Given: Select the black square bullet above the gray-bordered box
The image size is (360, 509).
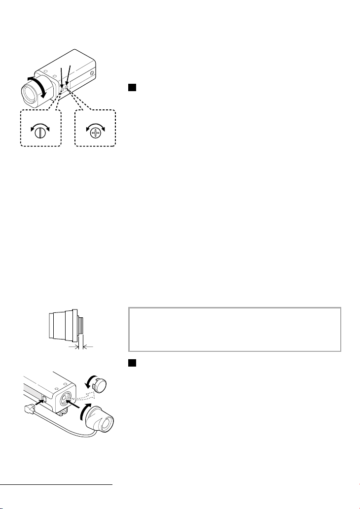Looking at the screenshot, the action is [133, 88].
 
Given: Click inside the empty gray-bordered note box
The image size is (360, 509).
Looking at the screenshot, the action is [234, 329].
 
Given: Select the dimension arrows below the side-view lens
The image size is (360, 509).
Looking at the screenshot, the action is [80, 347].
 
